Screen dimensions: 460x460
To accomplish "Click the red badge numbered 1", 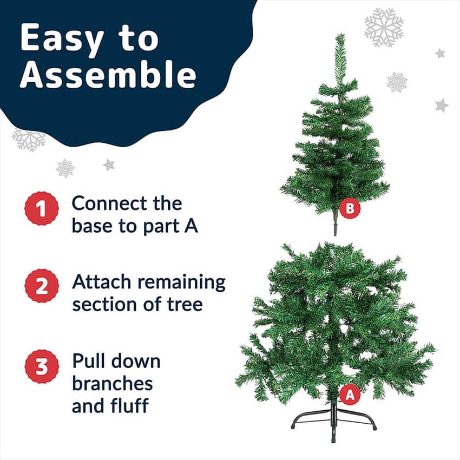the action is tap(41, 208).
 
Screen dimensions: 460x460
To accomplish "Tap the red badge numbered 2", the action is tap(41, 286).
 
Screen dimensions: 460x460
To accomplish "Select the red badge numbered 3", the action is tap(41, 366).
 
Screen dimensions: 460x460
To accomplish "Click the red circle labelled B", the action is tap(350, 208).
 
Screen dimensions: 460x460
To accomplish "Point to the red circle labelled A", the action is tap(350, 395).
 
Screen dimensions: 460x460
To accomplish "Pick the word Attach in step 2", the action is tap(102, 281).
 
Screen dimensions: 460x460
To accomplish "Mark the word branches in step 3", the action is tap(113, 384).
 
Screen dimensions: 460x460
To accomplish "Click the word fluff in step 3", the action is tap(130, 405).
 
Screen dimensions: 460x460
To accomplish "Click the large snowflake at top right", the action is tap(384, 27).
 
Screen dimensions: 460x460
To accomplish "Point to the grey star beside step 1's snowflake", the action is tap(109, 165).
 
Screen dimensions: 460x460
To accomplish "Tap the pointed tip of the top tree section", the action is tap(340, 35).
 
